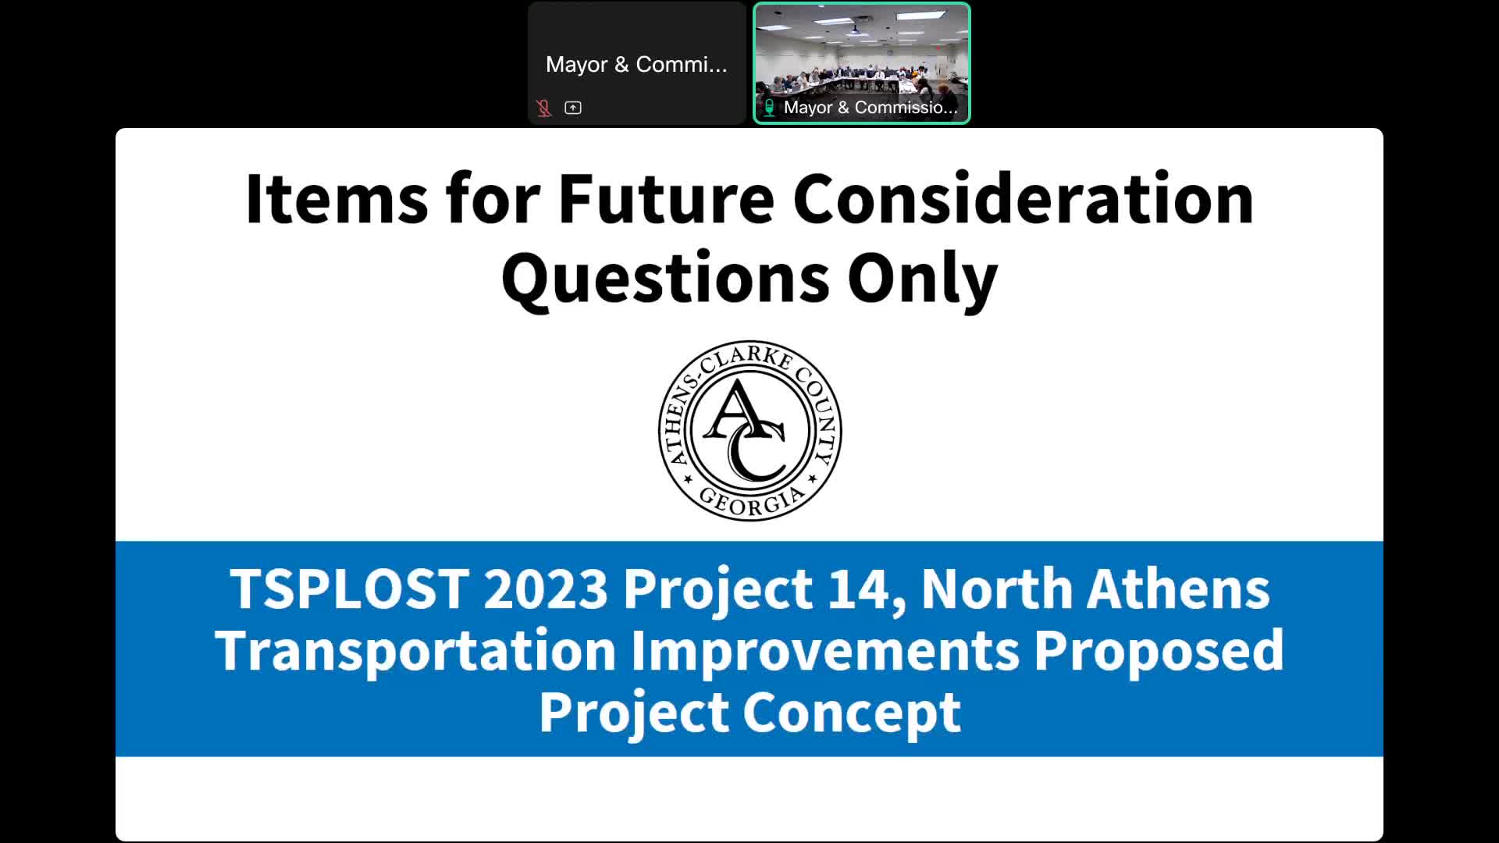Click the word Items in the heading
(336, 199)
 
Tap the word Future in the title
(666, 199)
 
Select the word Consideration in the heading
(1024, 199)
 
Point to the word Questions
(665, 279)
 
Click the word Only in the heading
(923, 279)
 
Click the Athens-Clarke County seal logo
(749, 430)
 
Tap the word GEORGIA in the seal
(751, 500)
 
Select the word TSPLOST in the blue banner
(349, 589)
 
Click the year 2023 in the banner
(546, 589)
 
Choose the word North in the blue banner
(997, 589)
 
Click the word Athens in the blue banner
(1179, 589)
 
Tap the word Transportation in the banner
(416, 651)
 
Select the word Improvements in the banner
(825, 651)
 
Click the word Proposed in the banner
(1159, 651)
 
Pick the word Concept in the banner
(852, 713)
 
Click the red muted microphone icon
(544, 108)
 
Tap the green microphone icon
(769, 108)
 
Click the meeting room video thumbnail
(862, 63)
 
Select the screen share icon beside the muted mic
(573, 108)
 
